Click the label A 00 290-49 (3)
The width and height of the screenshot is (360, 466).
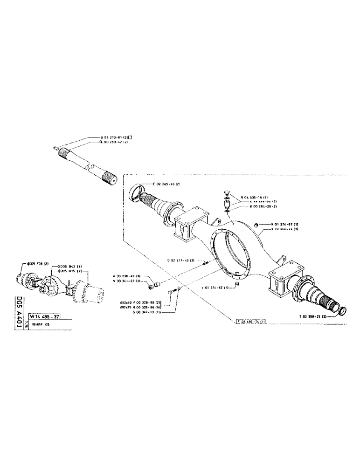point(128,276)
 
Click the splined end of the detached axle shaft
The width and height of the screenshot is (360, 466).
point(110,178)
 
